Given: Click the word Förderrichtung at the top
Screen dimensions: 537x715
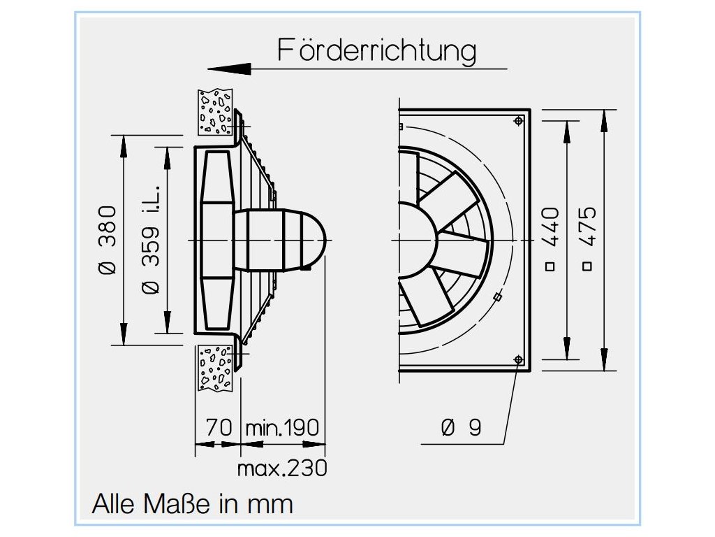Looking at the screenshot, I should click(x=377, y=50).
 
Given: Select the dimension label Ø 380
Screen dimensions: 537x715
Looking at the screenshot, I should click(x=107, y=240).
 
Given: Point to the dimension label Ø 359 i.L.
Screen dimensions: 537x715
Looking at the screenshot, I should click(x=151, y=240).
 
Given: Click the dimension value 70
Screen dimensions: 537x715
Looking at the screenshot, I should click(x=219, y=427).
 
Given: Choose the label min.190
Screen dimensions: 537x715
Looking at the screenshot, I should click(x=282, y=427).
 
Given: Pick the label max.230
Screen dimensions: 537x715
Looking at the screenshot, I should click(x=282, y=467).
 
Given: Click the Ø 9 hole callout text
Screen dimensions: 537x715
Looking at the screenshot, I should click(x=462, y=427).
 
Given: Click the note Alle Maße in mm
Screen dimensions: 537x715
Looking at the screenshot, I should click(x=193, y=503).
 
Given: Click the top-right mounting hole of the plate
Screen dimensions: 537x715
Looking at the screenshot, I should click(x=517, y=121).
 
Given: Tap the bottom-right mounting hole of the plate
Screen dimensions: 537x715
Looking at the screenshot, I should click(x=517, y=359).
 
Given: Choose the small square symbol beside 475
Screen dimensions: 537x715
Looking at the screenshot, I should click(x=588, y=266).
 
